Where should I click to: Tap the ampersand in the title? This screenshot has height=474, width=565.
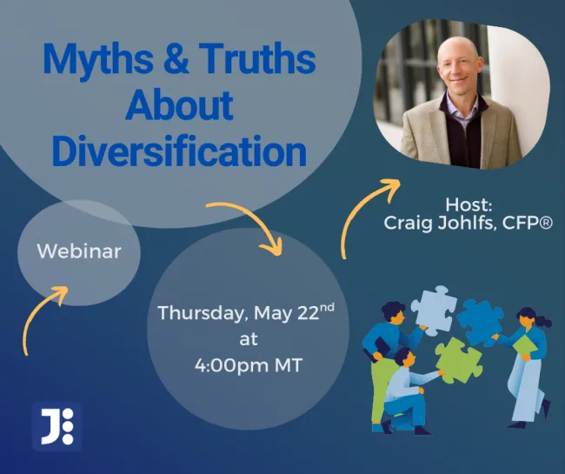[176, 57]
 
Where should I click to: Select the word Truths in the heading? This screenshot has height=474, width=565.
[258, 57]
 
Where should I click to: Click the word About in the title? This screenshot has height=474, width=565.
[179, 104]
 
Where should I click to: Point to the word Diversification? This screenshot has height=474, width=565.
[179, 150]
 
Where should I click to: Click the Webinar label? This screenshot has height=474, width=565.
[79, 250]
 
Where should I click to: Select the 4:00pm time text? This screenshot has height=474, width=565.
[232, 365]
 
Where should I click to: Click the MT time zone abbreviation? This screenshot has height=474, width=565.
[289, 365]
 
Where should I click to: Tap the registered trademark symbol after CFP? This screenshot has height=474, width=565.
[546, 224]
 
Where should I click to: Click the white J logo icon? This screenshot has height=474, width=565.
[56, 426]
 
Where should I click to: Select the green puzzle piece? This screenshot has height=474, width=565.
[458, 361]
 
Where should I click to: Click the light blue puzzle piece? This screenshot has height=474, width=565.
[434, 310]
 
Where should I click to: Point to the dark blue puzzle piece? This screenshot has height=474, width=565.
[480, 323]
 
